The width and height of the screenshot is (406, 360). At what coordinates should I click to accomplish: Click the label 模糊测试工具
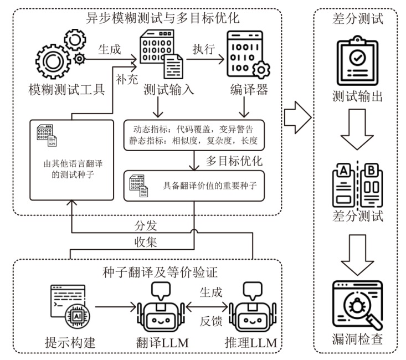coord(66,90)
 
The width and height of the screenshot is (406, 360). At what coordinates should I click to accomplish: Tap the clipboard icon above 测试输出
coord(357,60)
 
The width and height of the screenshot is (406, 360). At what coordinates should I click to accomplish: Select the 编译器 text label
coord(249,90)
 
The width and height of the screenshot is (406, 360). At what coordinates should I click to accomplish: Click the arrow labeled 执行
coord(205,60)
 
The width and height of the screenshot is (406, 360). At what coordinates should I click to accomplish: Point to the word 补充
coord(127,79)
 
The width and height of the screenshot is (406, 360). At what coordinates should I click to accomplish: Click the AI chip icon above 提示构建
coord(78,316)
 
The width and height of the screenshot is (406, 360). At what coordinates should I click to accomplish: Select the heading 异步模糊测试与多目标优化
coord(162,18)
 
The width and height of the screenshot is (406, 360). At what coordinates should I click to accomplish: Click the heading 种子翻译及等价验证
coord(160,272)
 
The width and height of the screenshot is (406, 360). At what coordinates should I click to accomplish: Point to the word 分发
coord(146,225)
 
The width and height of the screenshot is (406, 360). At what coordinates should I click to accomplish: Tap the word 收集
coord(146,243)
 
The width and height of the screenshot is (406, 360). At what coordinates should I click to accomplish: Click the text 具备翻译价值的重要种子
coord(210,186)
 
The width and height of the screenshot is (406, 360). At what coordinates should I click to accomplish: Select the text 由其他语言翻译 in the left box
coord(73,163)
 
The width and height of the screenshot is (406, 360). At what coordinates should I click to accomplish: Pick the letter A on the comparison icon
coord(343,170)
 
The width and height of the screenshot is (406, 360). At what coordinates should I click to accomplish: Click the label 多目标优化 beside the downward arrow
coord(234,161)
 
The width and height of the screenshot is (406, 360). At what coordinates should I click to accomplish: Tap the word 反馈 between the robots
coord(211,321)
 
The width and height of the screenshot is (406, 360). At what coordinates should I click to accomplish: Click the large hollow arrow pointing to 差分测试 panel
coord(298,117)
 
